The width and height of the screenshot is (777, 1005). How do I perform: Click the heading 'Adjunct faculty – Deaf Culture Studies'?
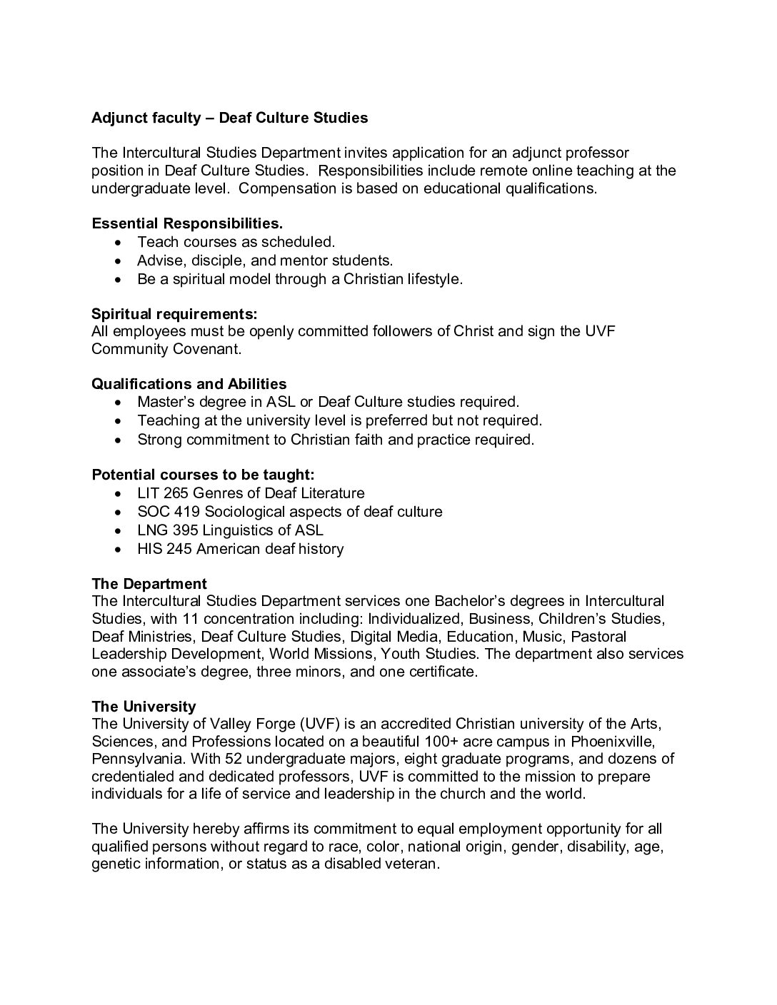coord(229,118)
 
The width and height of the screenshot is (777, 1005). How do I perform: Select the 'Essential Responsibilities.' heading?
coord(187,223)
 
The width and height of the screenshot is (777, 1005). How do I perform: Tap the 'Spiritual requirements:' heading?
coord(174,313)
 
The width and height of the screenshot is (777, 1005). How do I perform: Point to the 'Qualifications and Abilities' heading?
coord(189,384)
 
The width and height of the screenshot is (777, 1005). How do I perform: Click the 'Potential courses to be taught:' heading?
coord(203,475)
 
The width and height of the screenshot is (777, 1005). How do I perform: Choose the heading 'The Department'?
coord(149,584)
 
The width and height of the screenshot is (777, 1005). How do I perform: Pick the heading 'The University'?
coord(144,707)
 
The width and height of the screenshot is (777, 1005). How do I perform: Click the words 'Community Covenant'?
coord(166,349)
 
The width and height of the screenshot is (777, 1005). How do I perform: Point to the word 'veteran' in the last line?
coord(409,864)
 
